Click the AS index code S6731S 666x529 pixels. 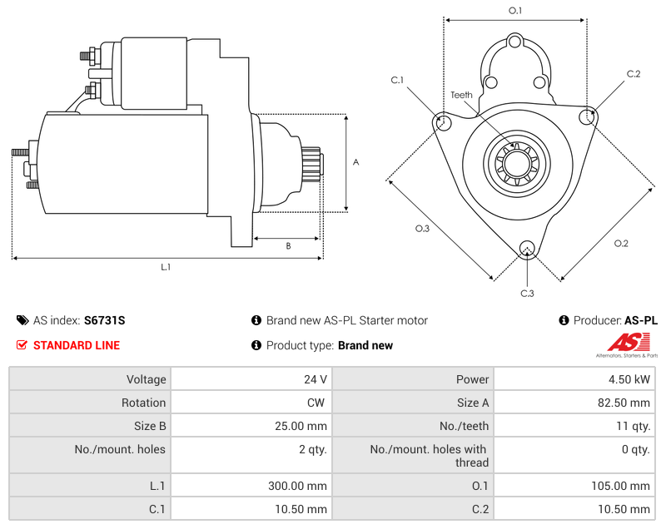pyautogui.click(x=104, y=320)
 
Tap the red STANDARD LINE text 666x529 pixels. pyautogui.click(x=76, y=345)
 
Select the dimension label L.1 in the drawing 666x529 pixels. pyautogui.click(x=166, y=268)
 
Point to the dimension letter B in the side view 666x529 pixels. pyautogui.click(x=288, y=246)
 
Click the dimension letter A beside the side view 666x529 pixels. pyautogui.click(x=355, y=162)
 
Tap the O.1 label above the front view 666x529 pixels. pyautogui.click(x=515, y=10)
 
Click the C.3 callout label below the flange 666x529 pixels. pyautogui.click(x=527, y=293)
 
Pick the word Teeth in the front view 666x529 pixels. pyautogui.click(x=462, y=95)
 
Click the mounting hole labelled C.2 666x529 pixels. pyautogui.click(x=588, y=115)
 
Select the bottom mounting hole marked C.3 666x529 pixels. pyautogui.click(x=526, y=249)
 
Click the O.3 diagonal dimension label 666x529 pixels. pyautogui.click(x=422, y=228)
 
